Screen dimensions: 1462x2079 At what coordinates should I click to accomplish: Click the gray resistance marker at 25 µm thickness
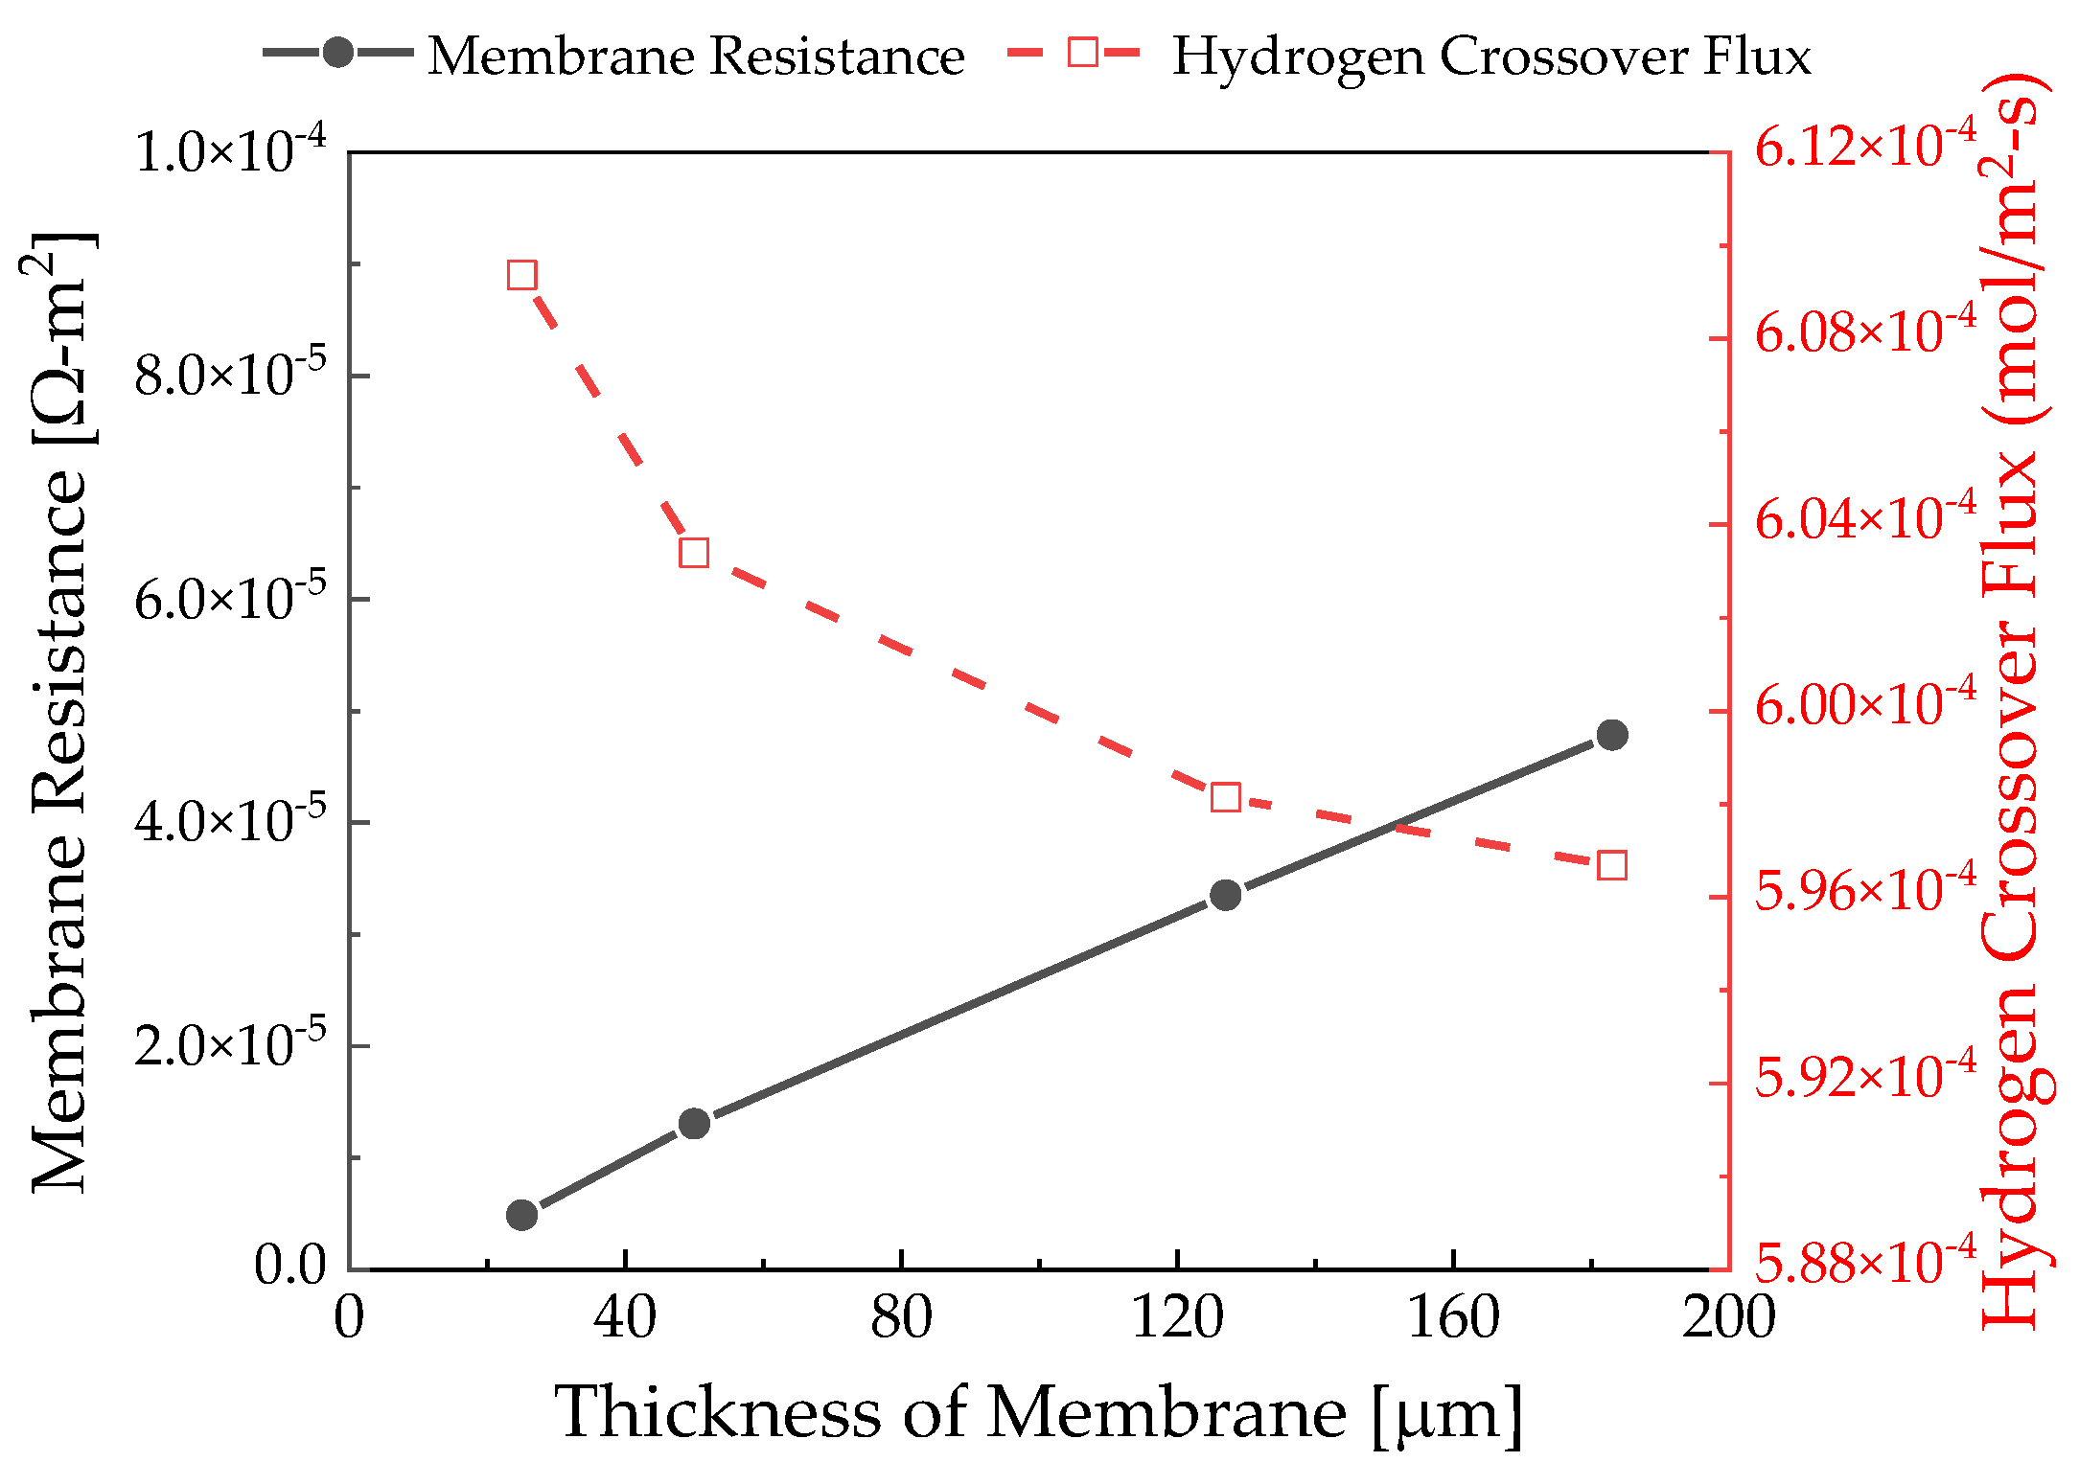coord(521,1215)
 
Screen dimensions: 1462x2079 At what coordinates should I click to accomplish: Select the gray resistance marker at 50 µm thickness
coord(694,1123)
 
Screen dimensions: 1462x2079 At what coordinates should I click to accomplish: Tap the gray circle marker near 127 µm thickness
coord(1225,895)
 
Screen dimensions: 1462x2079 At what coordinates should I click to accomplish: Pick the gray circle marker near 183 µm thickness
coord(1612,735)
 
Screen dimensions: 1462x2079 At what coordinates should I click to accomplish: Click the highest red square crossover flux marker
coord(521,276)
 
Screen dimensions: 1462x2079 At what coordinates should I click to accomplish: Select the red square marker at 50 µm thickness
coord(694,553)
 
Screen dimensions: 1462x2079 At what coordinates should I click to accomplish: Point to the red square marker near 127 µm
coord(1225,797)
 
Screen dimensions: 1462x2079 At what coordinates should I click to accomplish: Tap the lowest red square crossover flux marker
coord(1612,866)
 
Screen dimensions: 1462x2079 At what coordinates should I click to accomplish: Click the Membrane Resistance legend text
coord(696,56)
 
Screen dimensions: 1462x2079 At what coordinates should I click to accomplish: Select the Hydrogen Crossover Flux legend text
coord(1491,56)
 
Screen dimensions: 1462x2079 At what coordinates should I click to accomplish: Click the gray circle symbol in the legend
coord(337,53)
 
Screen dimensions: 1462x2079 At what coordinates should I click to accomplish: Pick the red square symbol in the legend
coord(1082,53)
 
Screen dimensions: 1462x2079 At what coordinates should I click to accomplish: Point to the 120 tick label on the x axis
coord(1177,1317)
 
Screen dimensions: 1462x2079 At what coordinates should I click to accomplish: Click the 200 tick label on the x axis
coord(1728,1317)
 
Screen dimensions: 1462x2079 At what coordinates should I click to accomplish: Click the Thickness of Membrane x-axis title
coord(1038,1413)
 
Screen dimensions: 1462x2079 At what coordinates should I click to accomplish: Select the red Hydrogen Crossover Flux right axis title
coord(2013,699)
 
